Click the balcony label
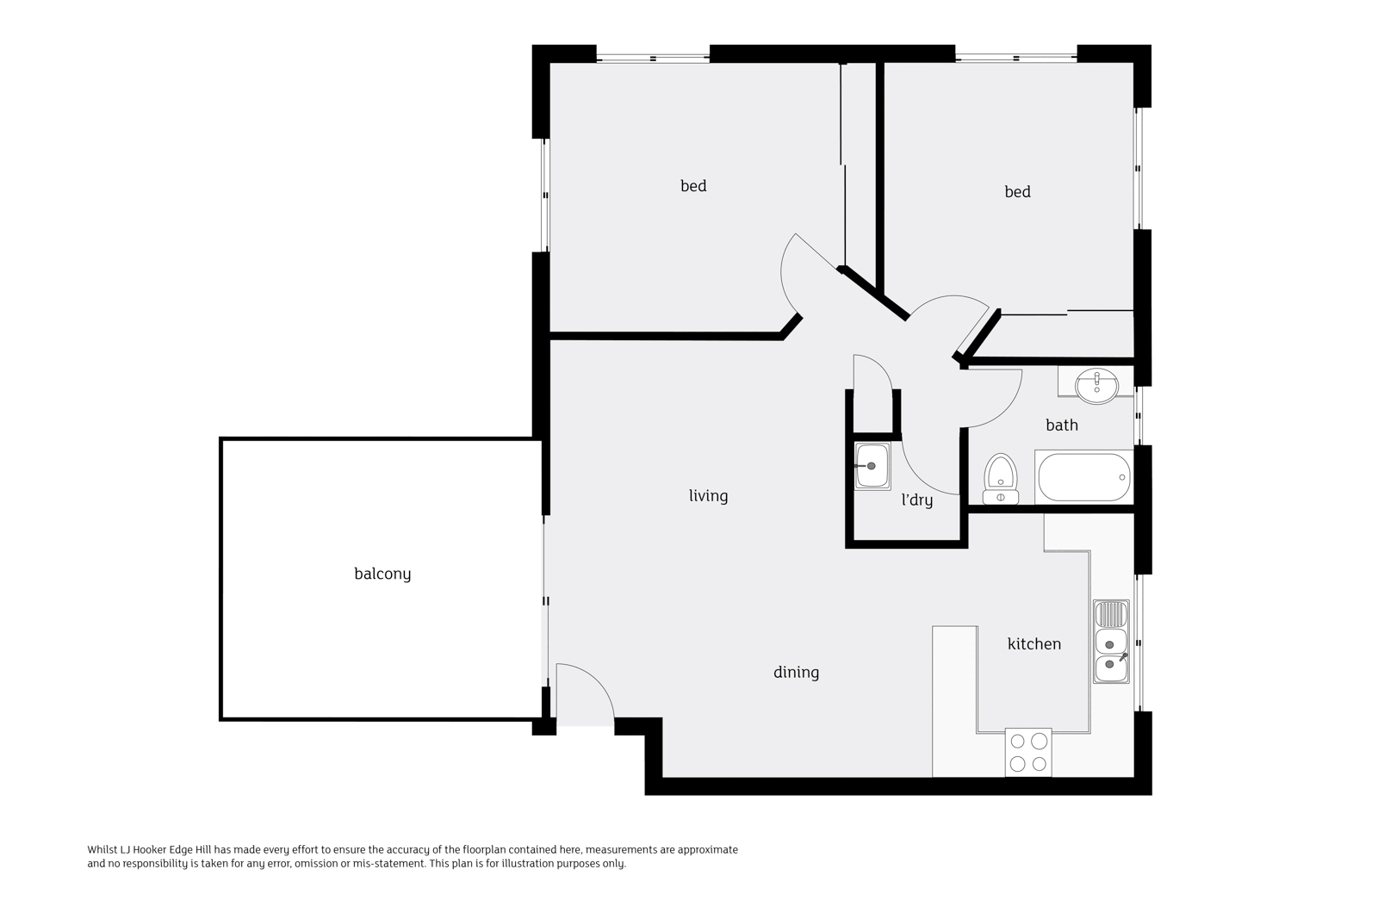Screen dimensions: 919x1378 [382, 574]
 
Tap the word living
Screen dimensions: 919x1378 [708, 495]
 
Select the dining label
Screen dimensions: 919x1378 [796, 672]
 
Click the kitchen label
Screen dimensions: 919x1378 [1033, 643]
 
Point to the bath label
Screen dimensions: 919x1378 [1061, 425]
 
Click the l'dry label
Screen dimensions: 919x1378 [916, 500]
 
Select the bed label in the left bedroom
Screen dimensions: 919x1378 [693, 185]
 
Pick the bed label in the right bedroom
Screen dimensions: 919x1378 [1017, 191]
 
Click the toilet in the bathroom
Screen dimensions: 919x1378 [1001, 478]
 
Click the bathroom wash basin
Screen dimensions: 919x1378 [1096, 384]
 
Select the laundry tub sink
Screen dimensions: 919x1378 [872, 466]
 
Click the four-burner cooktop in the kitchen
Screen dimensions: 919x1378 [1028, 752]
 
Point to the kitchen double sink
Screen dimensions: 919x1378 [1111, 642]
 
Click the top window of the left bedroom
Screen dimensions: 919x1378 [653, 58]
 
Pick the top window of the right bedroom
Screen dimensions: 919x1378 [1015, 58]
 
